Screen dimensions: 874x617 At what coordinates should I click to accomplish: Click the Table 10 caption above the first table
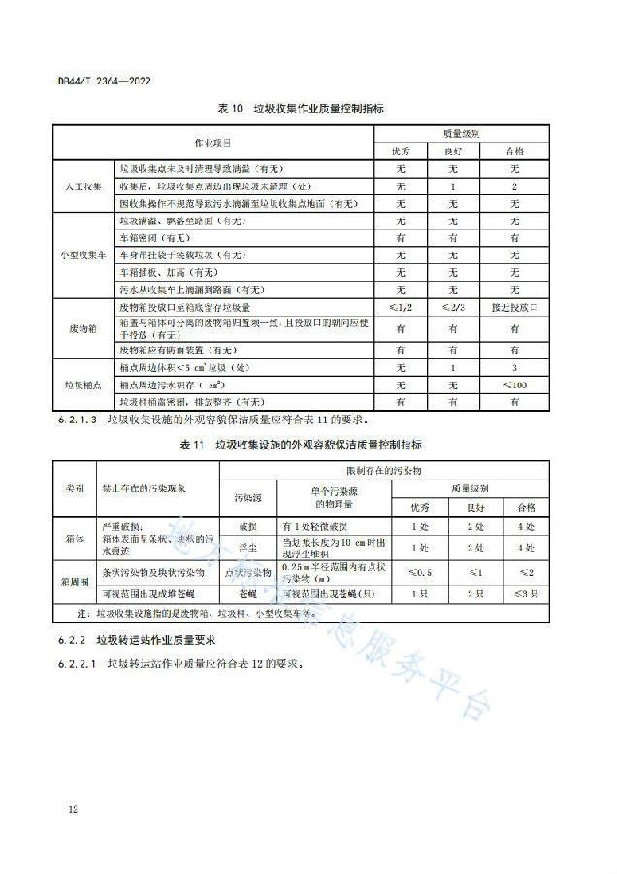point(308,109)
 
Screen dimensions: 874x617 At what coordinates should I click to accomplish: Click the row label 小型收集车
point(84,255)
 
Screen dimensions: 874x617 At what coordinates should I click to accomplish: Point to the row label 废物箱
point(84,328)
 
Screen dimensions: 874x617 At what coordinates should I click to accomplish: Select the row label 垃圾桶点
point(84,385)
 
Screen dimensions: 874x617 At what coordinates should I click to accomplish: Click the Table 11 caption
point(308,444)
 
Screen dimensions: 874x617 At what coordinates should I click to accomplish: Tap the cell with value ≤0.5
point(421,573)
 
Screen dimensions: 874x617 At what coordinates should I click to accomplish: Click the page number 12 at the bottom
point(73,808)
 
